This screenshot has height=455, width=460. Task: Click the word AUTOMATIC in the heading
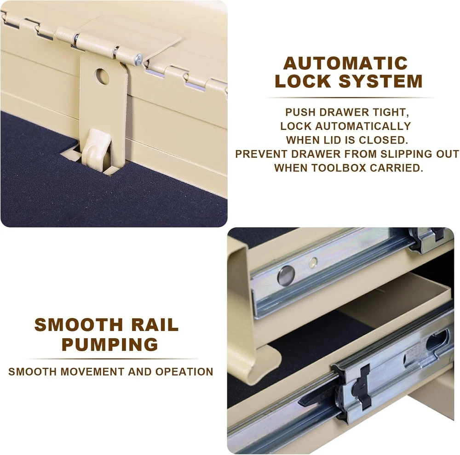tap(345, 63)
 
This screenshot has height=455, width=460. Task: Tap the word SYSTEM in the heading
tap(381, 81)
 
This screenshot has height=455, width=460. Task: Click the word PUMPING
tap(110, 344)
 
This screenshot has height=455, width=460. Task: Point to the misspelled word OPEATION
tap(184, 372)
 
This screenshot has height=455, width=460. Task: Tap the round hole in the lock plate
tap(102, 76)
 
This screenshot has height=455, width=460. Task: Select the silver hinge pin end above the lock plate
tap(138, 59)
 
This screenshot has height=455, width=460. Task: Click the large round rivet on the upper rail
tap(286, 276)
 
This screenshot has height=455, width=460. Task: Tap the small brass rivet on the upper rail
tap(314, 263)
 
